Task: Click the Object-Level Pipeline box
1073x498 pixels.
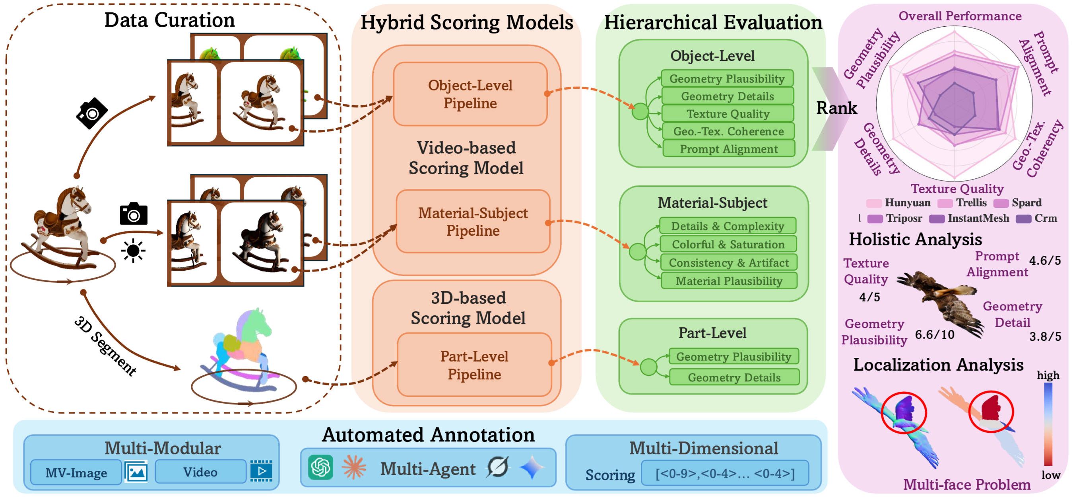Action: pyautogui.click(x=470, y=94)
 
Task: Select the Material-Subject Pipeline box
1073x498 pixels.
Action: pyautogui.click(x=473, y=221)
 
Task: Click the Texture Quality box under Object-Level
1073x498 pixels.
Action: pyautogui.click(x=727, y=113)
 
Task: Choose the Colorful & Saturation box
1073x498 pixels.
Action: pyautogui.click(x=728, y=244)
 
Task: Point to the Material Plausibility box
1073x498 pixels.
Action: pyautogui.click(x=729, y=281)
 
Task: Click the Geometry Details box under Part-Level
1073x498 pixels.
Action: pyautogui.click(x=733, y=377)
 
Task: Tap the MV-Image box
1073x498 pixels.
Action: pyautogui.click(x=76, y=473)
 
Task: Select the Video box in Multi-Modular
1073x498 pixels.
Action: pyautogui.click(x=200, y=472)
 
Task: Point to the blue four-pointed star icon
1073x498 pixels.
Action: pyautogui.click(x=532, y=468)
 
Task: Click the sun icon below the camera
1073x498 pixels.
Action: pyautogui.click(x=133, y=251)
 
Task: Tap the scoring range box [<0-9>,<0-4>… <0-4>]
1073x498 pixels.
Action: pyautogui.click(x=724, y=473)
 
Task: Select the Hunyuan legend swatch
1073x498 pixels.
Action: pyautogui.click(x=873, y=203)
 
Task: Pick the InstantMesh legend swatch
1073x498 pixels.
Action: pyautogui.click(x=936, y=219)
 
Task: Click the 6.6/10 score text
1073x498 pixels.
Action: pyautogui.click(x=934, y=334)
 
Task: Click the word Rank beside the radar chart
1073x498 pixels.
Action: pyautogui.click(x=836, y=108)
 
